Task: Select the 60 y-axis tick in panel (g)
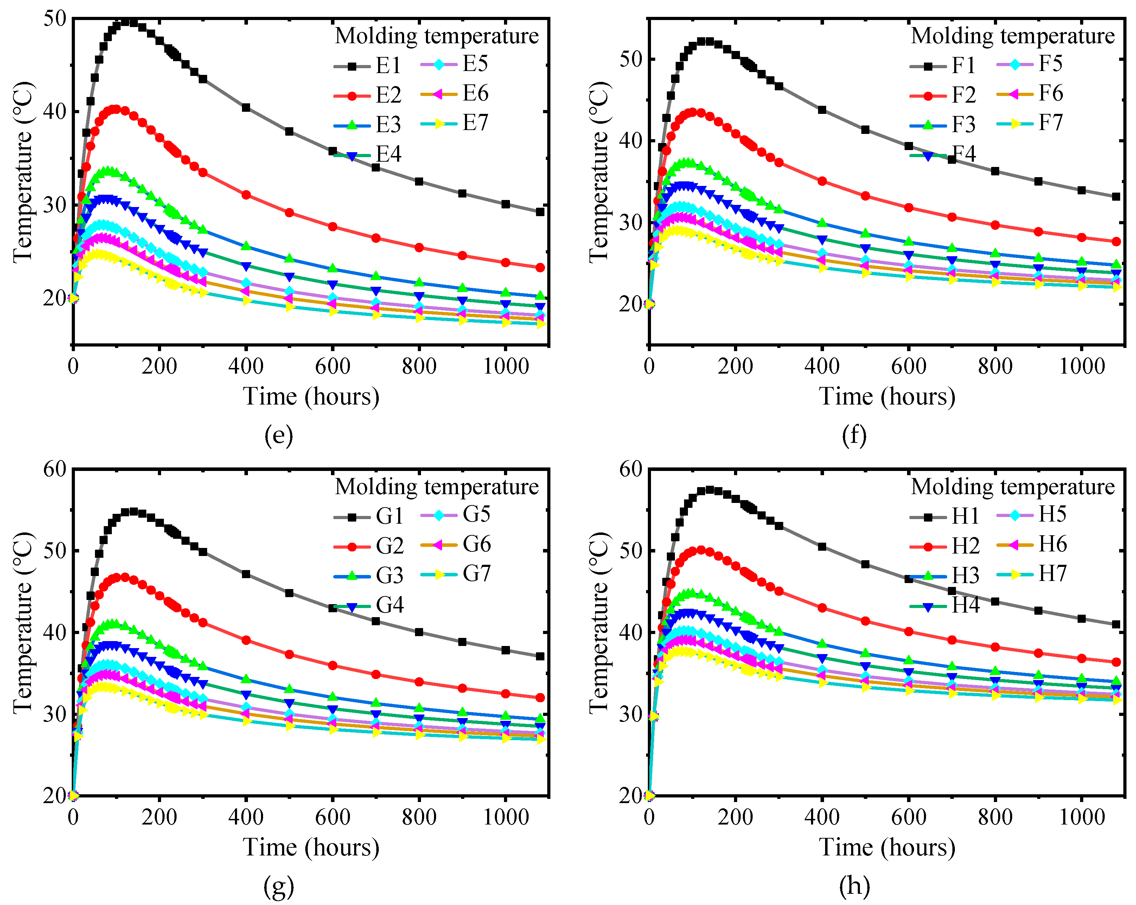tap(55, 469)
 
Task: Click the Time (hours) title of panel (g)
tap(311, 847)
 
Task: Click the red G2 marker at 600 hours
tap(332, 665)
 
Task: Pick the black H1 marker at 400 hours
tap(822, 547)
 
